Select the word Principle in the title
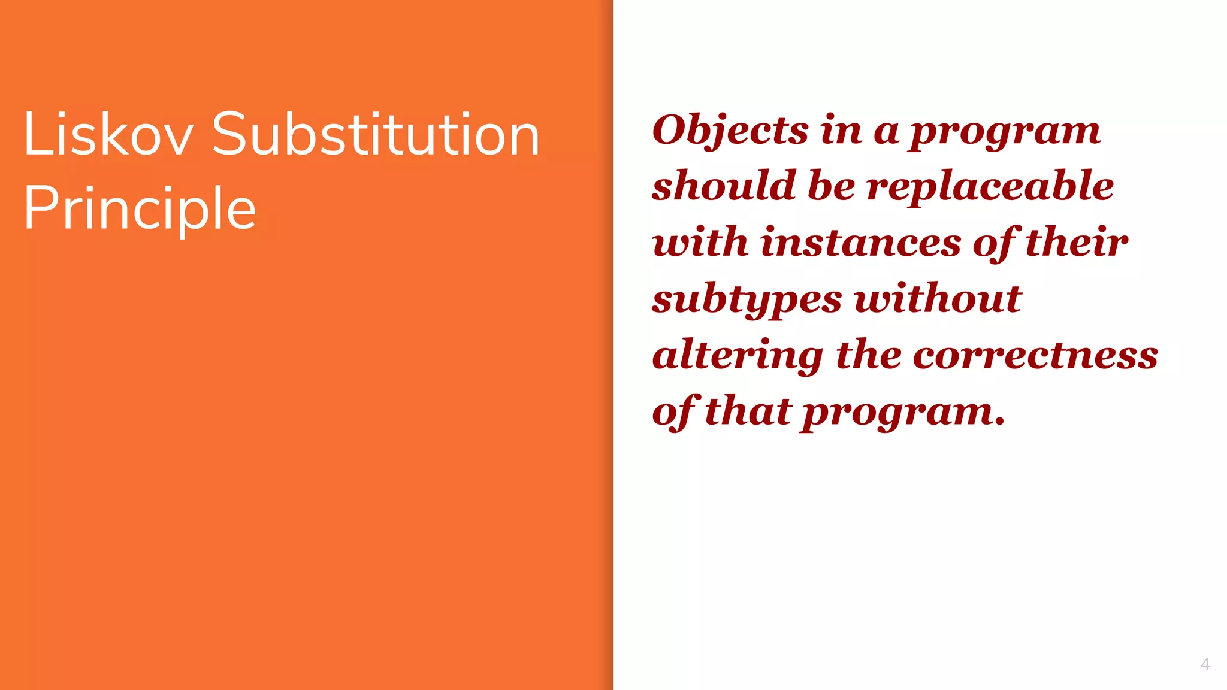coord(140,208)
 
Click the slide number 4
coord(1205,664)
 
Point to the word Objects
coord(730,131)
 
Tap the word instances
coord(861,242)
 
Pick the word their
coord(1077,242)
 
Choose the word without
coord(938,298)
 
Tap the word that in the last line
coord(748,411)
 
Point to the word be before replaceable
coord(832,186)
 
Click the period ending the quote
coord(999,422)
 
